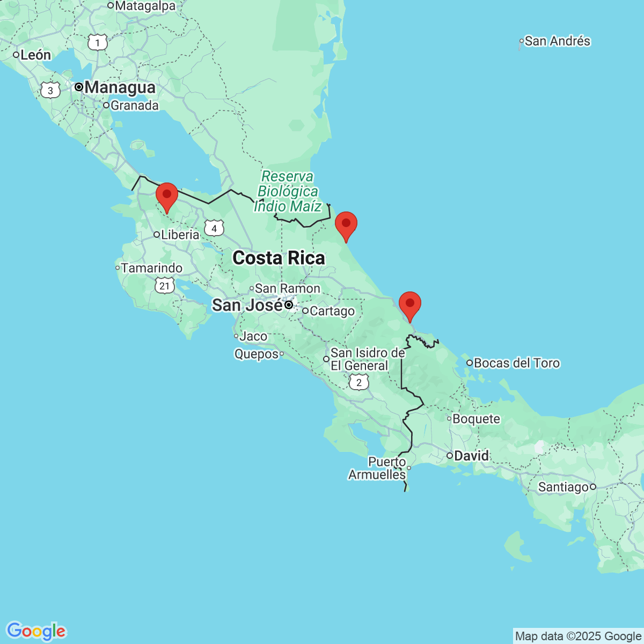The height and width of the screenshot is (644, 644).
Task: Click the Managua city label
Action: pos(120,87)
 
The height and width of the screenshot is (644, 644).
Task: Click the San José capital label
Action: pos(247,305)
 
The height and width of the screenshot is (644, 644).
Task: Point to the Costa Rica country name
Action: pos(279,258)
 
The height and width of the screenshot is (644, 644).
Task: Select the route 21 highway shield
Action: pos(164,286)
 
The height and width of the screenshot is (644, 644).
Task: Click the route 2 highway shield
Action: pos(359,383)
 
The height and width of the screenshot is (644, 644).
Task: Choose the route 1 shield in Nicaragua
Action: pos(98,42)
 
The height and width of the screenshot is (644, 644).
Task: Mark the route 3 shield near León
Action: pos(50,90)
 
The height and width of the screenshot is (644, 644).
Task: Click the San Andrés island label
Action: pos(557,41)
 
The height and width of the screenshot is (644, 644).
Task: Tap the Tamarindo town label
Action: pos(151,268)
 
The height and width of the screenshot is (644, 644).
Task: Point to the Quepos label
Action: pos(257,354)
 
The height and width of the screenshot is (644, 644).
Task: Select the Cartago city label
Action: pos(332,311)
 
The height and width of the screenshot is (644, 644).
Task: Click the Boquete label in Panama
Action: pos(476,419)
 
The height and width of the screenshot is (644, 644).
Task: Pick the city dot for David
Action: pos(450,456)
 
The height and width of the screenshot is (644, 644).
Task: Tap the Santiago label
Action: pos(563,487)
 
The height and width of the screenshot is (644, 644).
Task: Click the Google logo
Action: pos(36,631)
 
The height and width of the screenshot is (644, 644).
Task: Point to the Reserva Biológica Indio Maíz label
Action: pos(288,192)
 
